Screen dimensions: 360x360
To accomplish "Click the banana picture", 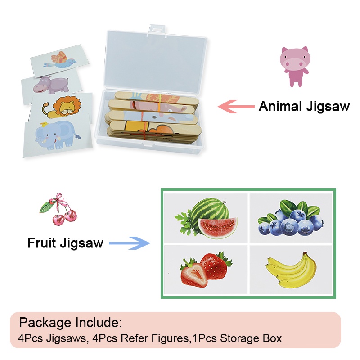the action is pyautogui.click(x=289, y=270).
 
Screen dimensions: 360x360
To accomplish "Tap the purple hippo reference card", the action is pyautogui.click(x=50, y=84).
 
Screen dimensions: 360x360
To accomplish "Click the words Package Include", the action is pyautogui.click(x=71, y=323).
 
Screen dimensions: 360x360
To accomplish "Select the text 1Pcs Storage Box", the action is pyautogui.click(x=236, y=338).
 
